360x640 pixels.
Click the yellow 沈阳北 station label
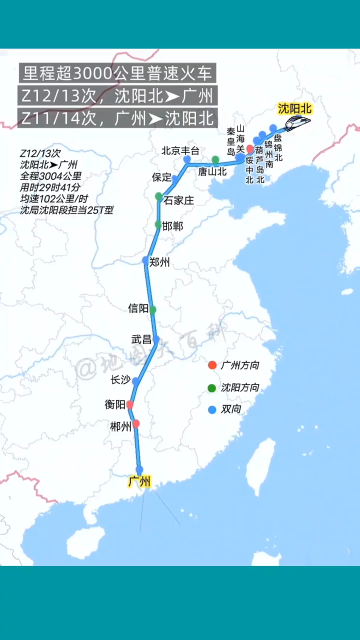pyautogui.click(x=294, y=108)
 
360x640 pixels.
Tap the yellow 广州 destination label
pyautogui.click(x=139, y=482)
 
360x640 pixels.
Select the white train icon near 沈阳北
pyautogui.click(x=297, y=121)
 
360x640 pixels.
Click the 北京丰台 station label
pyautogui.click(x=180, y=150)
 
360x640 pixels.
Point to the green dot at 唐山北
pyautogui.click(x=215, y=160)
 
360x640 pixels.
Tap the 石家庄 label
pyautogui.click(x=178, y=201)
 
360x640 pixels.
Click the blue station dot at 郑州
pyautogui.click(x=145, y=260)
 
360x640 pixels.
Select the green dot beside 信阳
pyautogui.click(x=152, y=309)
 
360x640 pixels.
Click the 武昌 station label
pyautogui.click(x=141, y=339)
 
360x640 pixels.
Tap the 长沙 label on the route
pyautogui.click(x=120, y=380)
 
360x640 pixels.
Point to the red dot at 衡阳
pyautogui.click(x=130, y=404)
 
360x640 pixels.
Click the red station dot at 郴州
pyautogui.click(x=136, y=423)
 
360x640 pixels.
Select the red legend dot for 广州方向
pyautogui.click(x=212, y=365)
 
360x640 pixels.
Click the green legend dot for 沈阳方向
pyautogui.click(x=212, y=387)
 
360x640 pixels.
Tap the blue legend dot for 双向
pyautogui.click(x=212, y=409)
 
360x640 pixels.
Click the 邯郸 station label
pyautogui.click(x=173, y=226)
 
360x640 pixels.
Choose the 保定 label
pyautogui.click(x=161, y=177)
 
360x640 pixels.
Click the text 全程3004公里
pyautogui.click(x=50, y=176)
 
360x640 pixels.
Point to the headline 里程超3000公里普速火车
pyautogui.click(x=117, y=74)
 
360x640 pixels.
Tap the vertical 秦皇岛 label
pyautogui.click(x=231, y=141)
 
